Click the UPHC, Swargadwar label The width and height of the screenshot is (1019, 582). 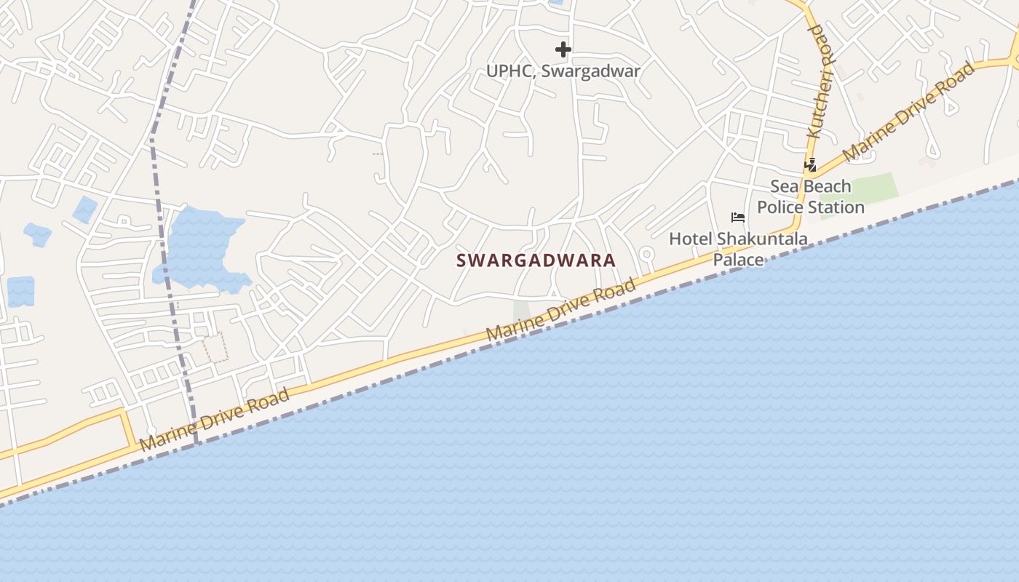[563, 71]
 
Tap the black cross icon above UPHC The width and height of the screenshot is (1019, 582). [563, 49]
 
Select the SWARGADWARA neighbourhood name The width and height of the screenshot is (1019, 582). [536, 260]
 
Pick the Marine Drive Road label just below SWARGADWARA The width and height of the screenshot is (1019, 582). [560, 310]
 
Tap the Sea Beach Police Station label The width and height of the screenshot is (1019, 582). [811, 196]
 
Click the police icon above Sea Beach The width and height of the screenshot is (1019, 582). [810, 165]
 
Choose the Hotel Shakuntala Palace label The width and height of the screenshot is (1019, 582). [738, 249]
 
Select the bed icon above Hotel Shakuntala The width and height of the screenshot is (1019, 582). [738, 218]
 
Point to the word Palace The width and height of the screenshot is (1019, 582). [738, 260]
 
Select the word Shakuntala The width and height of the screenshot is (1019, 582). [762, 239]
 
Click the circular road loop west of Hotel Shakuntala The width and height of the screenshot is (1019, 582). [646, 254]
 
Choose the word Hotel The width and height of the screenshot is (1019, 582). [691, 239]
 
